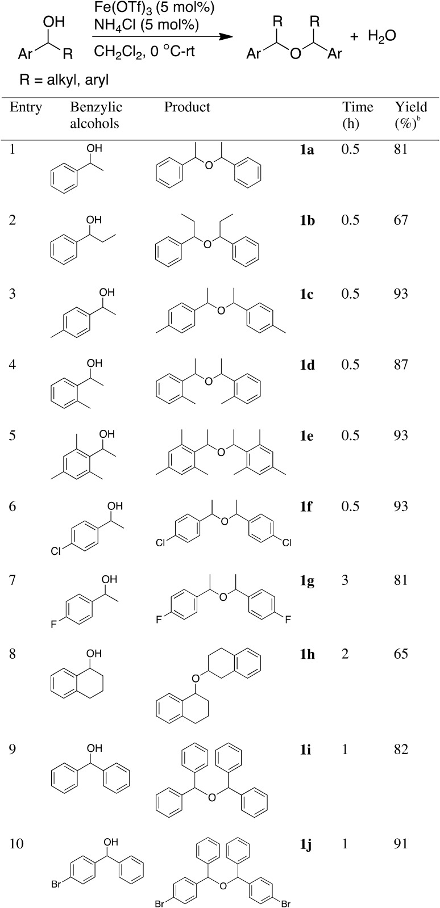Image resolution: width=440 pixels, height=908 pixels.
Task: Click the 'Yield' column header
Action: tap(410, 107)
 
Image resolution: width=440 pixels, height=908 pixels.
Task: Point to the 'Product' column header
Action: tap(187, 107)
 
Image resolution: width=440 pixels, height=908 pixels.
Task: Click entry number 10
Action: tap(17, 844)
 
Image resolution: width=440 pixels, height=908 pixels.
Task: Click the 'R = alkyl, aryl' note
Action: tap(64, 80)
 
